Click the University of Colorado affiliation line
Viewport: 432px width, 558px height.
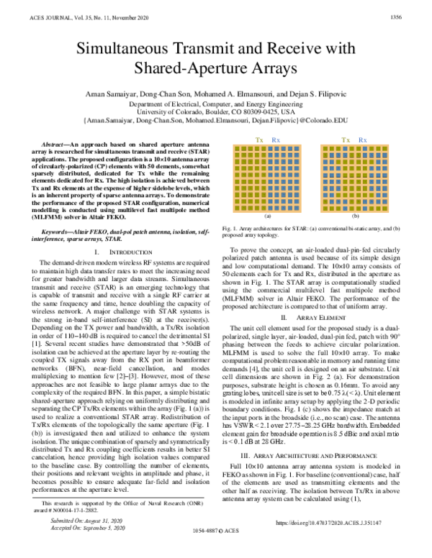[216, 112]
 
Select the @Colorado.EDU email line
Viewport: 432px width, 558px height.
[216, 122]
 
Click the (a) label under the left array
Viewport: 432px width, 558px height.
[268, 216]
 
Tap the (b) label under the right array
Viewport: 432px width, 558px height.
[354, 216]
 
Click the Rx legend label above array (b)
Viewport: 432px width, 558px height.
[362, 139]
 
